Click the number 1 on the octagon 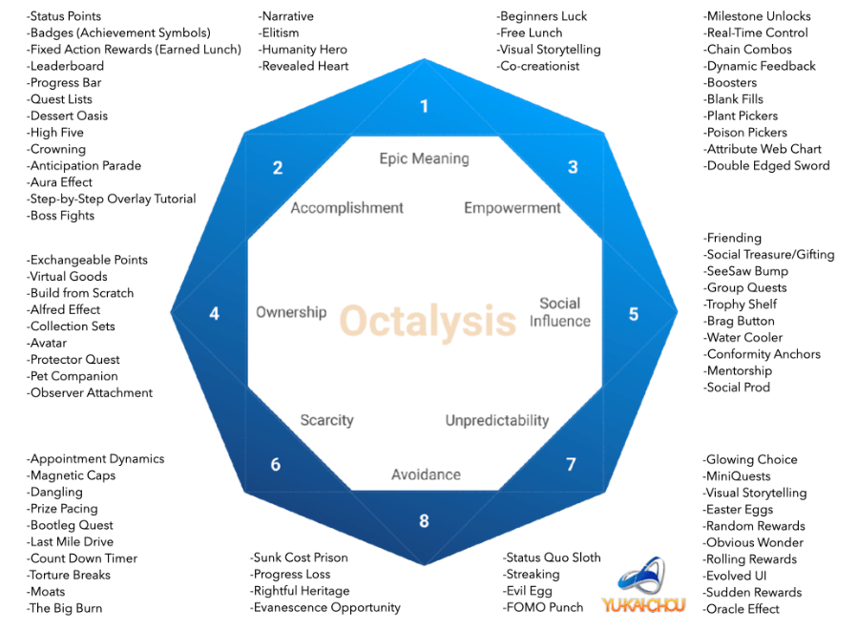tap(424, 106)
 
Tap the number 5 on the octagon tap(633, 313)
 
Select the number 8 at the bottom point tap(424, 520)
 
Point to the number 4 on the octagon tap(214, 313)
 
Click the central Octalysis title tap(428, 322)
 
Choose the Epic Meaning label tap(424, 158)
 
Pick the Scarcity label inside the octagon tap(326, 420)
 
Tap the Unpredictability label tap(497, 420)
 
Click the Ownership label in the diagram tap(291, 312)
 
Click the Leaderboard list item tap(66, 66)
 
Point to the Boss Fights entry tap(62, 216)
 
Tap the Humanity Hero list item tap(303, 50)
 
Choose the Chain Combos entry tap(748, 50)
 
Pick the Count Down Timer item tap(83, 558)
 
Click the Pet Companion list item tap(73, 376)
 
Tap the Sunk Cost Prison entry tap(300, 557)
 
